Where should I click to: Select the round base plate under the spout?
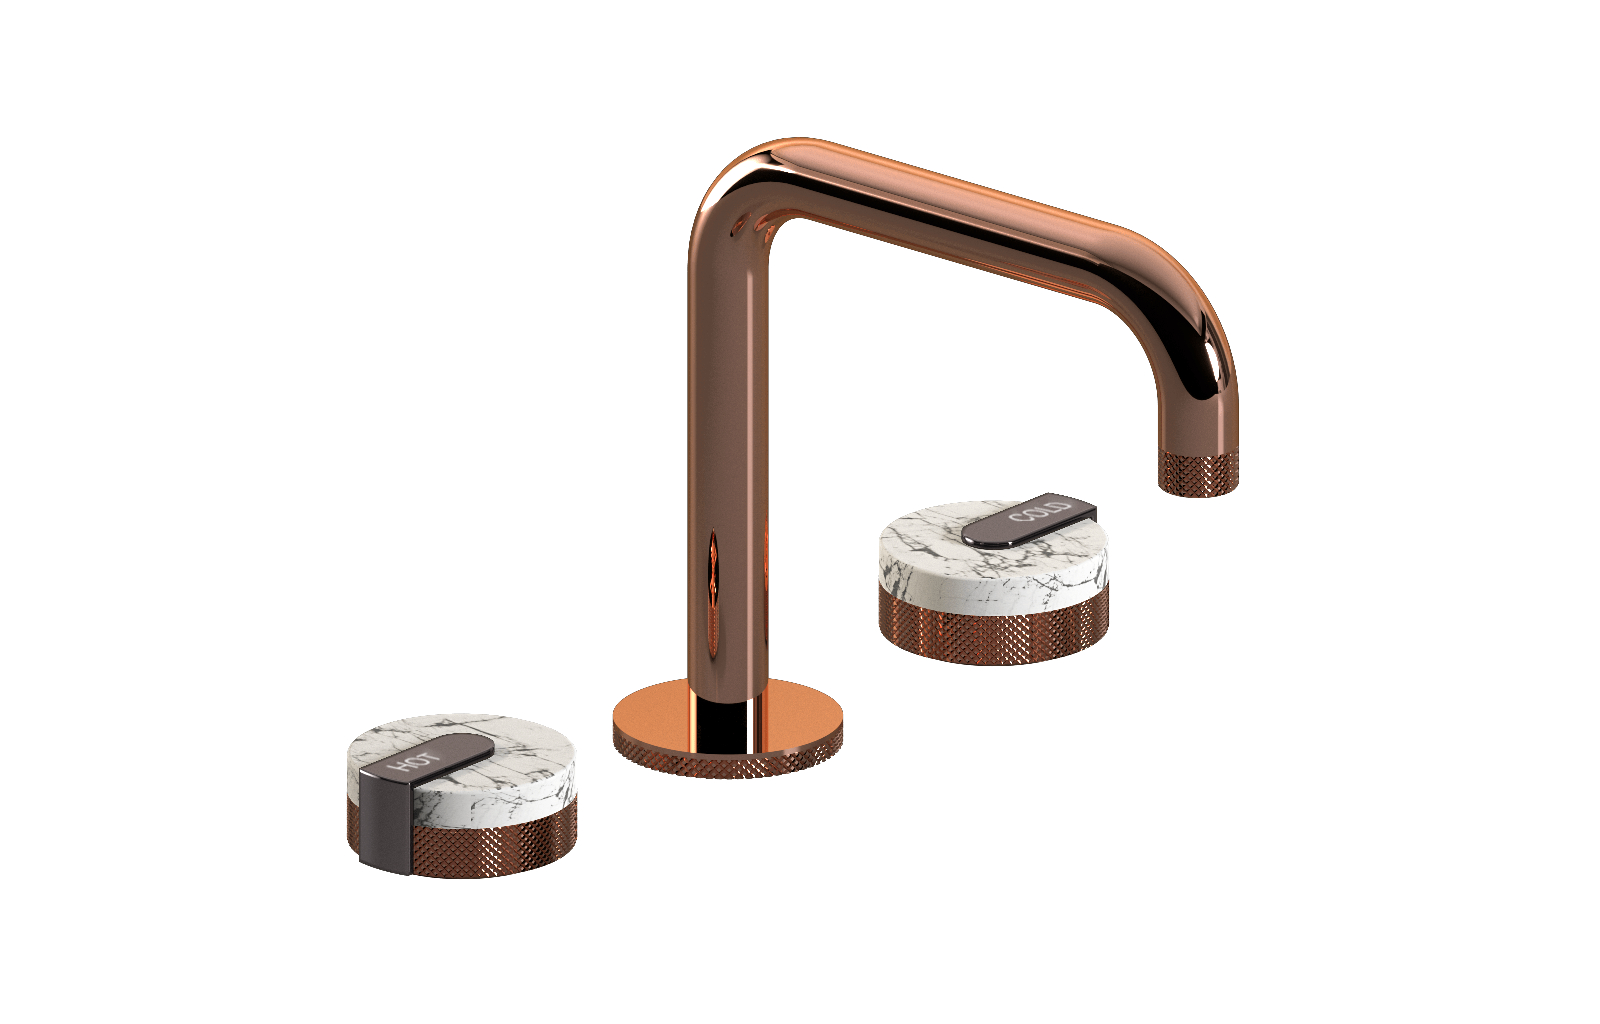point(727,728)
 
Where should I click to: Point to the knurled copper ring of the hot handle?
point(493,843)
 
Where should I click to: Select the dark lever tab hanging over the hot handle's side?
point(386,821)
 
